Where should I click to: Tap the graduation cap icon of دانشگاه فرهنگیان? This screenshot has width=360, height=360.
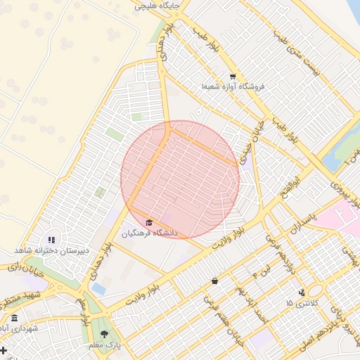click(148, 222)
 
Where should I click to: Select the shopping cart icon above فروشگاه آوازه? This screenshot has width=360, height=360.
click(233, 77)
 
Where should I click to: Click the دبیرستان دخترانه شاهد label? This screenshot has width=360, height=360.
click(51, 250)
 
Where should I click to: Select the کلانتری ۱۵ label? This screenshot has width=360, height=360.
click(302, 303)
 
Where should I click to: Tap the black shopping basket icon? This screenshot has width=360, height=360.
click(214, 281)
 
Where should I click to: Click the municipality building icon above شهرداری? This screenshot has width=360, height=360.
click(14, 319)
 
